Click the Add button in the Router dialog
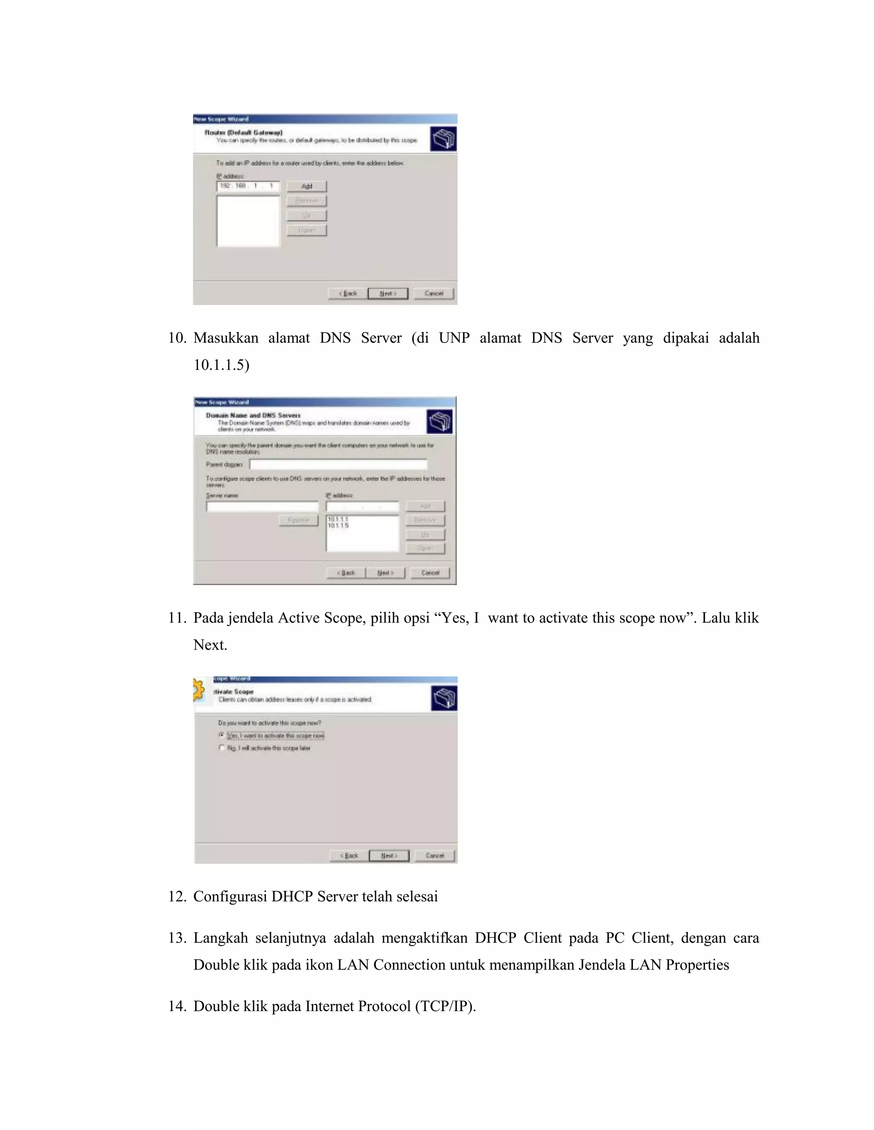coord(306,186)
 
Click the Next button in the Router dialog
coord(388,293)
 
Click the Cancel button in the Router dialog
coord(434,293)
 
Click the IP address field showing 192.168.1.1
coord(248,186)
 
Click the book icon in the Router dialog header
coord(443,139)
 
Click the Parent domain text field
coord(338,464)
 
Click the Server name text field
coord(262,507)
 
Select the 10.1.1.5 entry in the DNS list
coord(338,526)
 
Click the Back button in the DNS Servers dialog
coord(346,573)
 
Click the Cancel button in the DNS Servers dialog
coord(430,573)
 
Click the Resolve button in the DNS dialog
coord(298,520)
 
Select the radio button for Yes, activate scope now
coord(221,735)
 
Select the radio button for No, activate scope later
coord(221,748)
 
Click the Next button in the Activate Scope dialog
coord(389,856)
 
